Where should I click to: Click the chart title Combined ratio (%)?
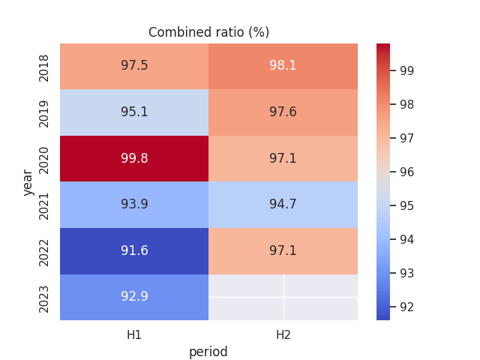pos(208,32)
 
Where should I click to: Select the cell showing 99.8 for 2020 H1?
pos(134,158)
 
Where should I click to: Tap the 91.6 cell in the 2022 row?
pos(134,250)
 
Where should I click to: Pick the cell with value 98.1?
pos(283,66)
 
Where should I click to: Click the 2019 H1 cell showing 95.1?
pos(134,112)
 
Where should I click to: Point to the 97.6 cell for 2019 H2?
pos(283,112)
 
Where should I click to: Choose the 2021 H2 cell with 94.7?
pos(283,204)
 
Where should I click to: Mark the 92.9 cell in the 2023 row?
pos(134,296)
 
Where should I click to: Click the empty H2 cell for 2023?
pos(283,297)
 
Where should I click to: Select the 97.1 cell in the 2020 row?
pos(283,158)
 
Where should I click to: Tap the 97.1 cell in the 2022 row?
pos(283,250)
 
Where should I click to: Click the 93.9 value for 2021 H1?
pos(134,204)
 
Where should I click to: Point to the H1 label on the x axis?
pos(134,335)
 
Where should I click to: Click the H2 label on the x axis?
pos(283,335)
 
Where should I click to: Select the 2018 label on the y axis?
pos(44,66)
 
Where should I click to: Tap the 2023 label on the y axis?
pos(44,297)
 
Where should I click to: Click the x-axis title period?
pos(208,352)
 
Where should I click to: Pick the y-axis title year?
pos(28,181)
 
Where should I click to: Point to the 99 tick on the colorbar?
pos(407,70)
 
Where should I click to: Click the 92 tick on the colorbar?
pos(407,307)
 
